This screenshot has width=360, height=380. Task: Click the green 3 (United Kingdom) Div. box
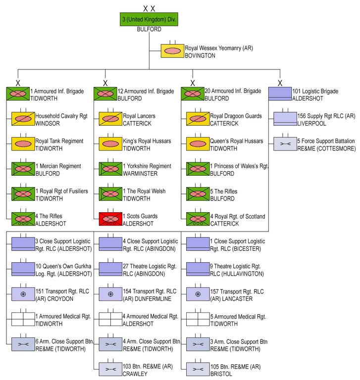[x=149, y=20]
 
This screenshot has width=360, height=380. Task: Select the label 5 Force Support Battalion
[x=326, y=141]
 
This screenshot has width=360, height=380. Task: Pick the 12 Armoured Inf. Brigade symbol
[x=105, y=94]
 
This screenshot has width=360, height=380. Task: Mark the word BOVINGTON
[x=200, y=56]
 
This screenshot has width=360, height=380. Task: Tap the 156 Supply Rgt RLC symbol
[x=285, y=118]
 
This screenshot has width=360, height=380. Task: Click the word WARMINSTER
[x=140, y=173]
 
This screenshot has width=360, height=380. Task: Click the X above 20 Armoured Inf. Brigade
[x=193, y=83]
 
